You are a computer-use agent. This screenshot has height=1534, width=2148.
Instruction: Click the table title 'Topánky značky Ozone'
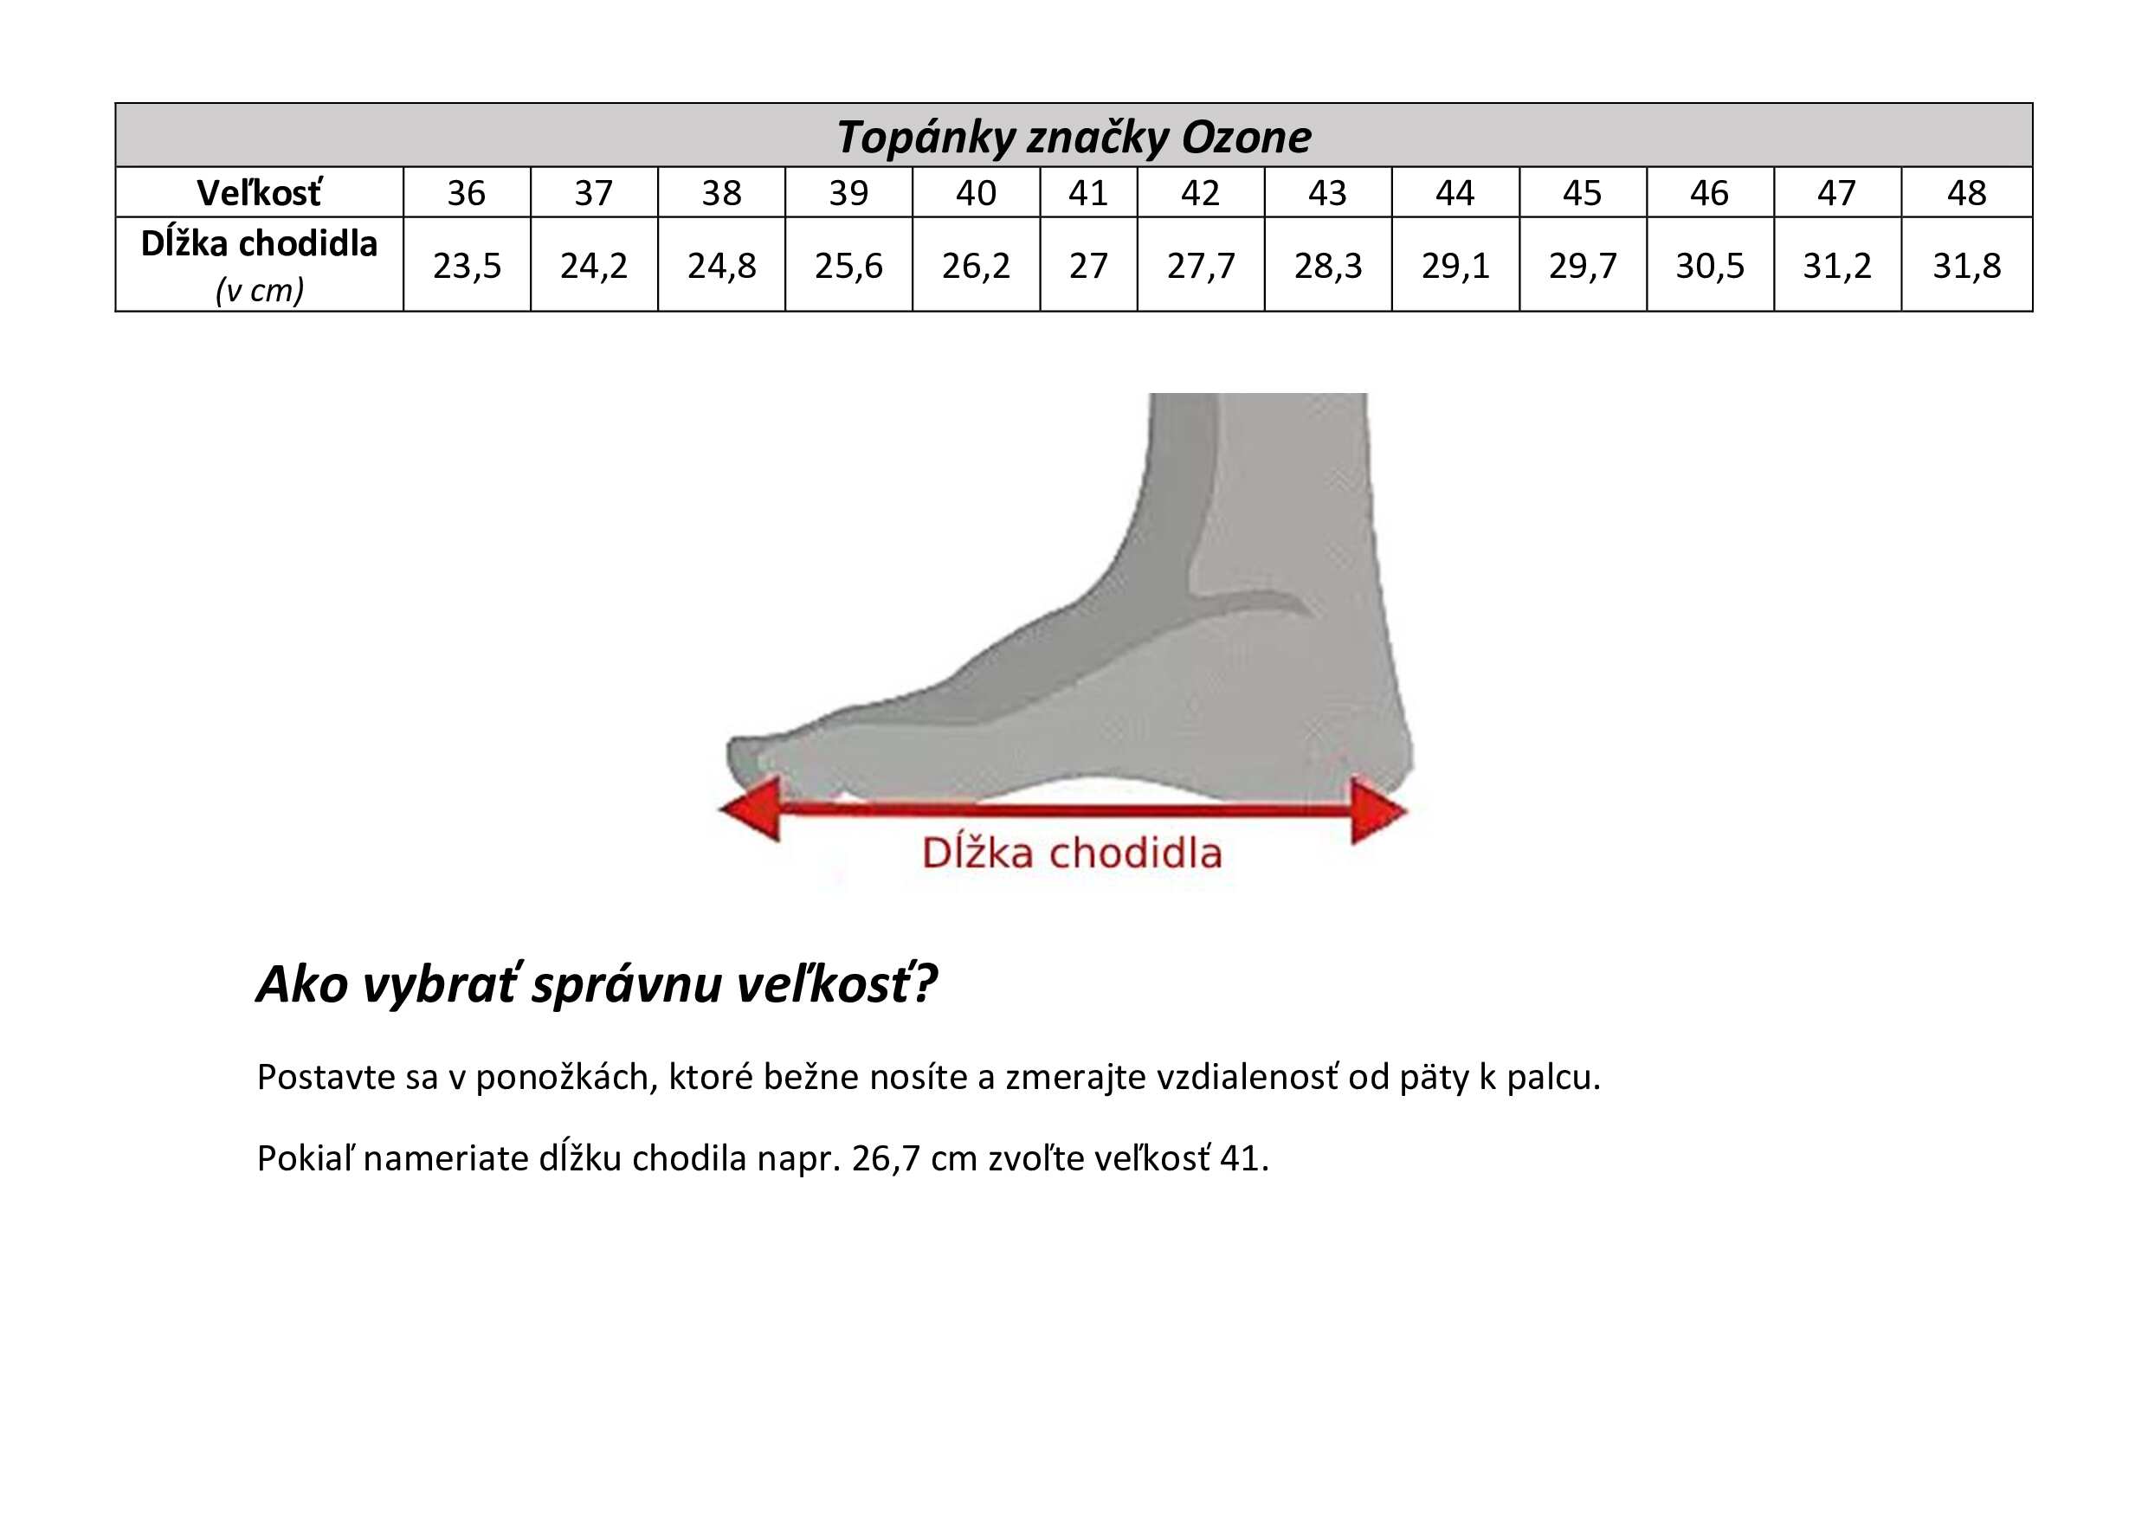[x=1073, y=138]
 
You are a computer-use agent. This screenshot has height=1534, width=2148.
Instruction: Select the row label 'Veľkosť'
[x=259, y=193]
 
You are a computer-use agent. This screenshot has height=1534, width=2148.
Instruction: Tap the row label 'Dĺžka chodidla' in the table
[x=259, y=244]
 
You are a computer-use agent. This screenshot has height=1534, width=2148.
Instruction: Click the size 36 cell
[x=467, y=193]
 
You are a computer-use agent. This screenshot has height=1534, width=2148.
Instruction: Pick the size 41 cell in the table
[x=1088, y=193]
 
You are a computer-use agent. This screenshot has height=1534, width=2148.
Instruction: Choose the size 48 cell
[x=1967, y=193]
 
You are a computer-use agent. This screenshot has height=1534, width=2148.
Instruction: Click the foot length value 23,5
[x=467, y=267]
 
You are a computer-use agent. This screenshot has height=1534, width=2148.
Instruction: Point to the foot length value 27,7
[x=1201, y=267]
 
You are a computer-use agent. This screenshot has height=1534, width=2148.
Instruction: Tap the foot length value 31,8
[x=1967, y=267]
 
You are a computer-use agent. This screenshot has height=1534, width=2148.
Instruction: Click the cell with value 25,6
[x=848, y=267]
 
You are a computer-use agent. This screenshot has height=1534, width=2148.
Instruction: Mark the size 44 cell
[x=1455, y=193]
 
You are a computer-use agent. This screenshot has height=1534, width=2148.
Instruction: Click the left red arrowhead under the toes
[x=751, y=809]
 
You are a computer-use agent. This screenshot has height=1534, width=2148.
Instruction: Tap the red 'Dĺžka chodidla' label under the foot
[x=1072, y=853]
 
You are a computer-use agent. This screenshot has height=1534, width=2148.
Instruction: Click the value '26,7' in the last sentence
[x=885, y=1159]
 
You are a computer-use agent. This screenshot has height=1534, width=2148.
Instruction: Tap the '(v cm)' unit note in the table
[x=259, y=290]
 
